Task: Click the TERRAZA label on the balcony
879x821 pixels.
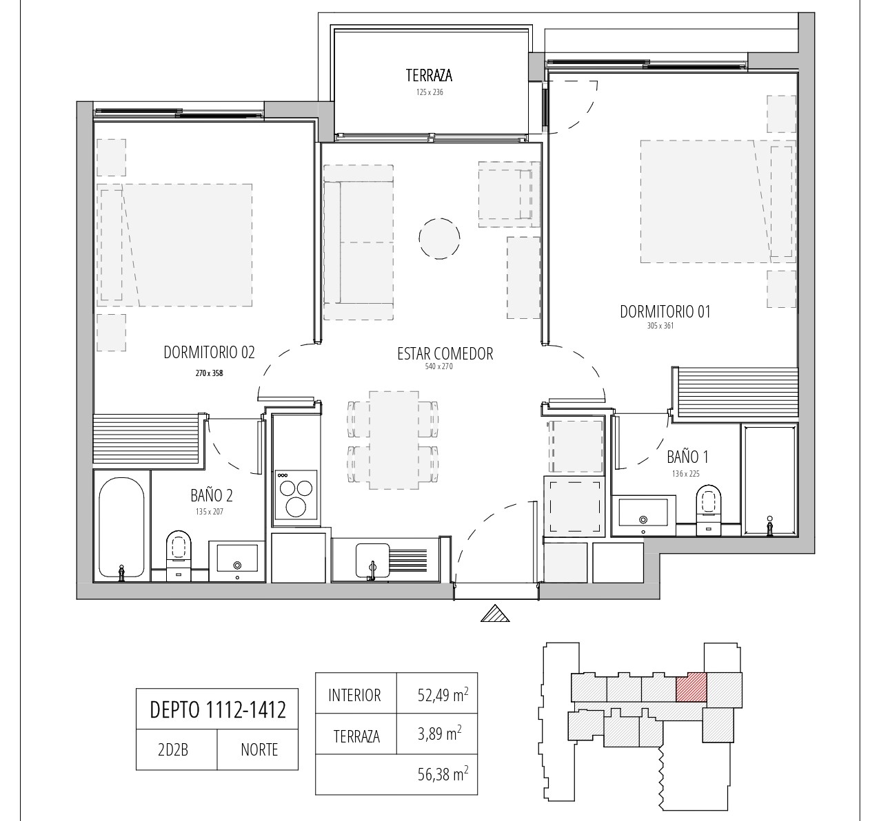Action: (429, 76)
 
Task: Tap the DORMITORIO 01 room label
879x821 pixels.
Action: (665, 312)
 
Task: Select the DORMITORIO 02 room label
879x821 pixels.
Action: (209, 353)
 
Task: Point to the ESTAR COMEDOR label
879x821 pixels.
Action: (445, 354)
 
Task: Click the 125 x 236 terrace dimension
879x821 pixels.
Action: (430, 92)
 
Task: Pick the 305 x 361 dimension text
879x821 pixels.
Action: (660, 326)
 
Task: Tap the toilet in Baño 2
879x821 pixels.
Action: (179, 556)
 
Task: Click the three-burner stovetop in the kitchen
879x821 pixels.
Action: (296, 495)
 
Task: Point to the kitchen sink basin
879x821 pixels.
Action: (373, 561)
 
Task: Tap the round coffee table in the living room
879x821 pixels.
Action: (439, 238)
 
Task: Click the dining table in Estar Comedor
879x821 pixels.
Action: (394, 440)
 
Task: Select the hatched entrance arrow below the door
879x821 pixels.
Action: (495, 614)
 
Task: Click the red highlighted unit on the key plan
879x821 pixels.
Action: (691, 688)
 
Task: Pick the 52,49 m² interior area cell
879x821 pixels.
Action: (437, 695)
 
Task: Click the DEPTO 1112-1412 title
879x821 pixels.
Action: (218, 710)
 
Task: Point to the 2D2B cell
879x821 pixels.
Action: (173, 750)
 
